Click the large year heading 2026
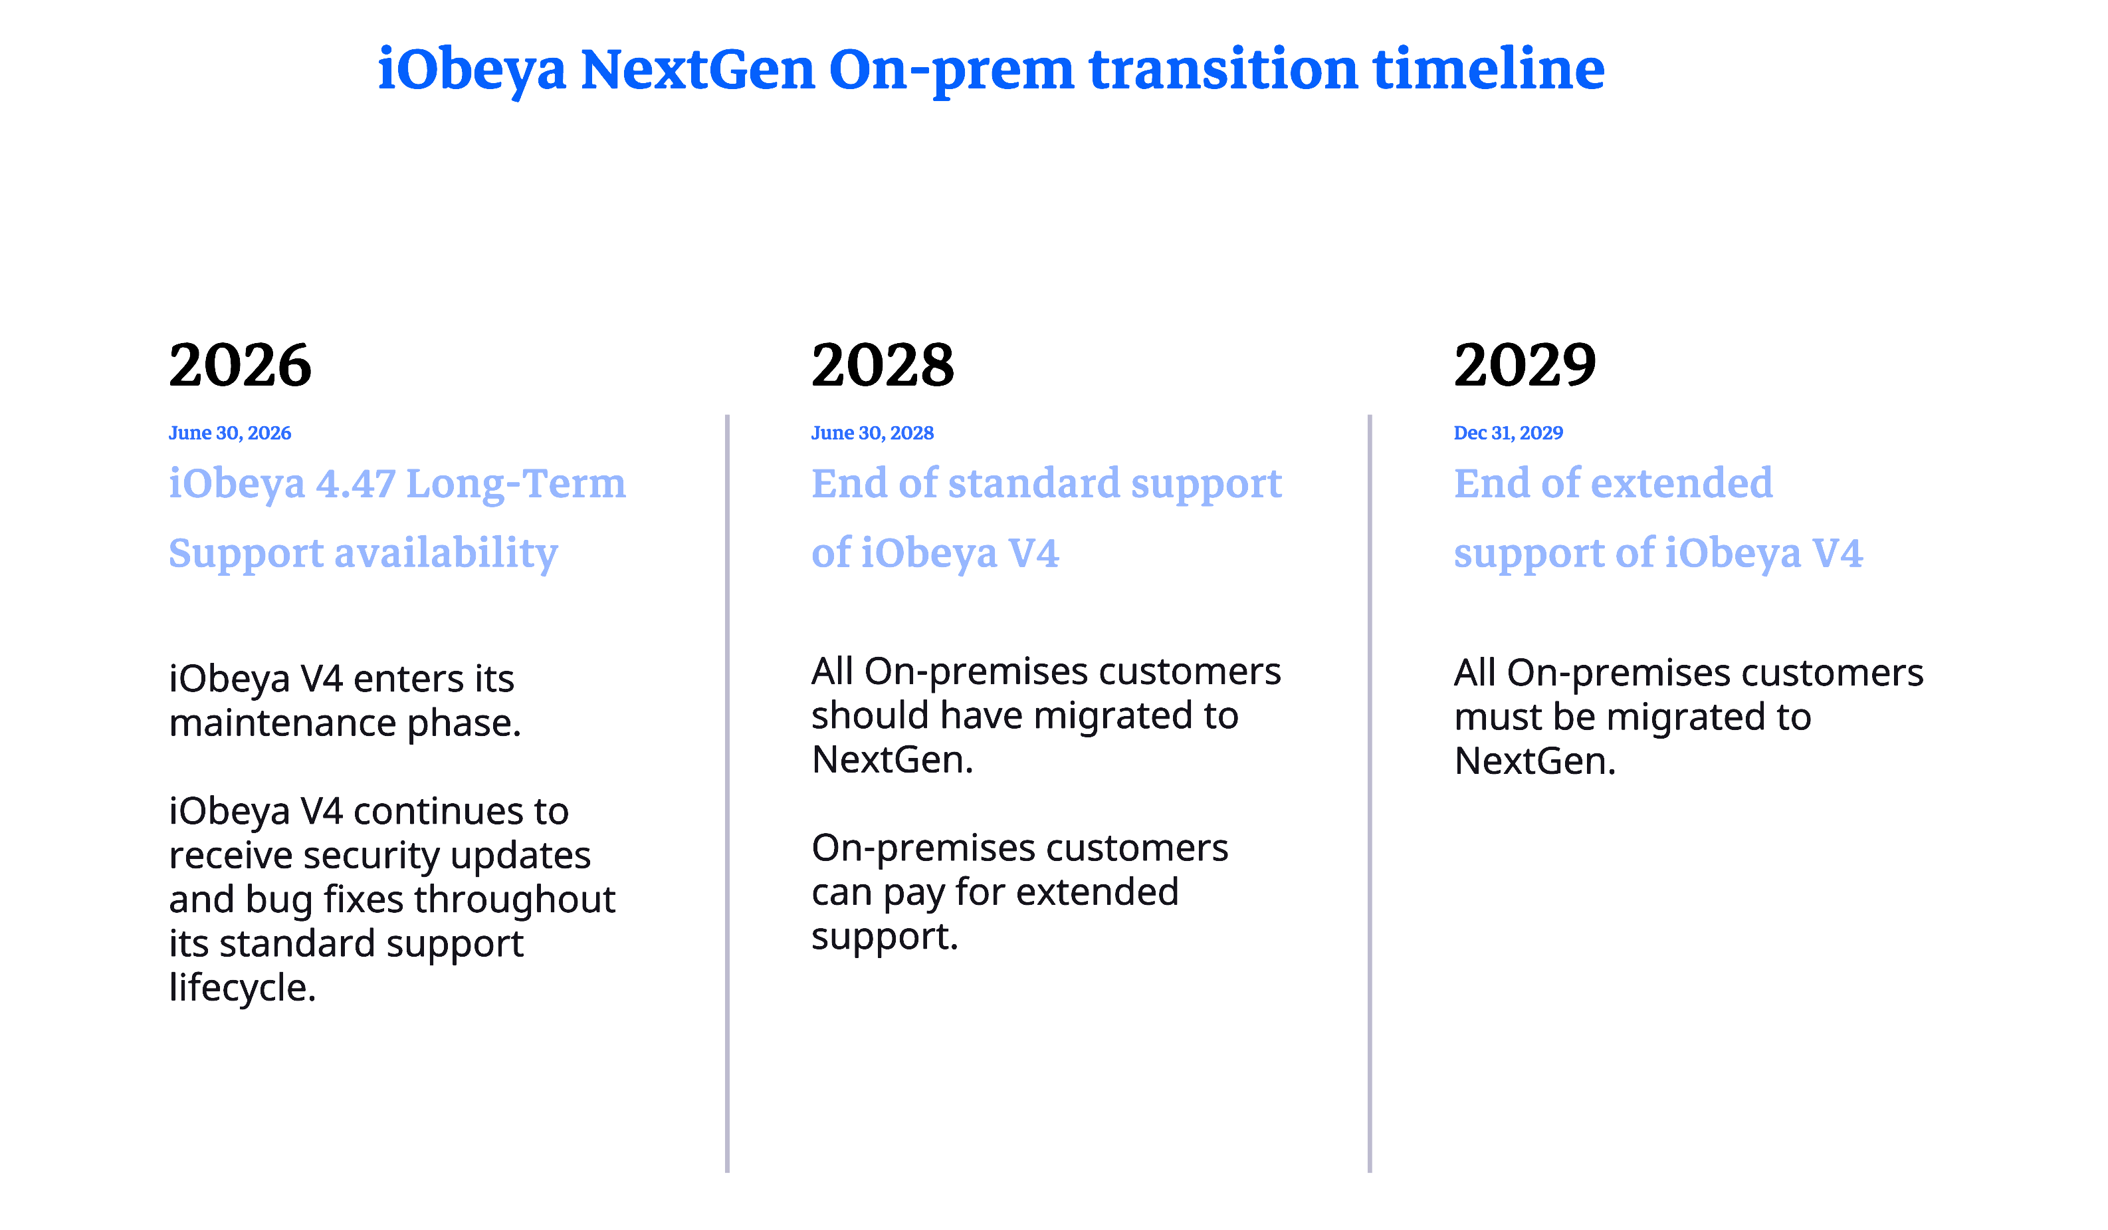point(240,366)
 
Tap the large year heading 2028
point(883,366)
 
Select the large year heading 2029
point(1525,366)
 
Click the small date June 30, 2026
point(230,433)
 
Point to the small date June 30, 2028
point(873,433)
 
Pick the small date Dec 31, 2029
point(1508,433)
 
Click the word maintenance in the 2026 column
point(282,723)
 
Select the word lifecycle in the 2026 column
point(243,988)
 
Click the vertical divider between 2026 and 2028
point(727,793)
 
